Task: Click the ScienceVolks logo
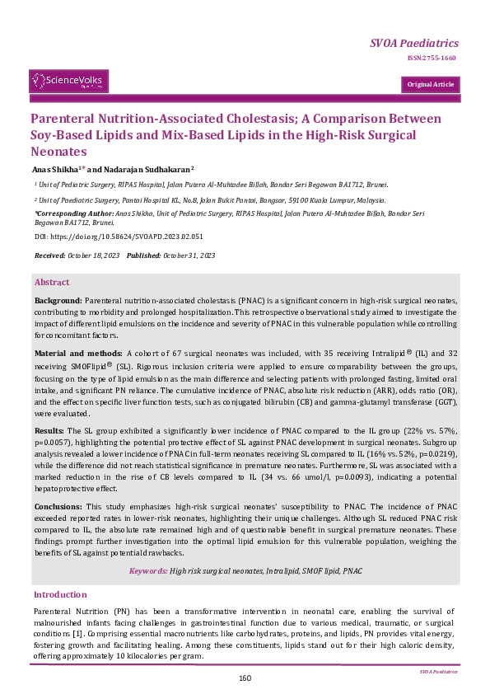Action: [x=69, y=81]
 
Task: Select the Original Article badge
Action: [x=430, y=84]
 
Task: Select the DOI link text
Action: [x=119, y=237]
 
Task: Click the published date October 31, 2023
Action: [x=189, y=256]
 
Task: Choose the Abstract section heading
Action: [x=51, y=282]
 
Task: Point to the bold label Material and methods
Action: [x=77, y=353]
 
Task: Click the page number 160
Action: [x=245, y=678]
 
